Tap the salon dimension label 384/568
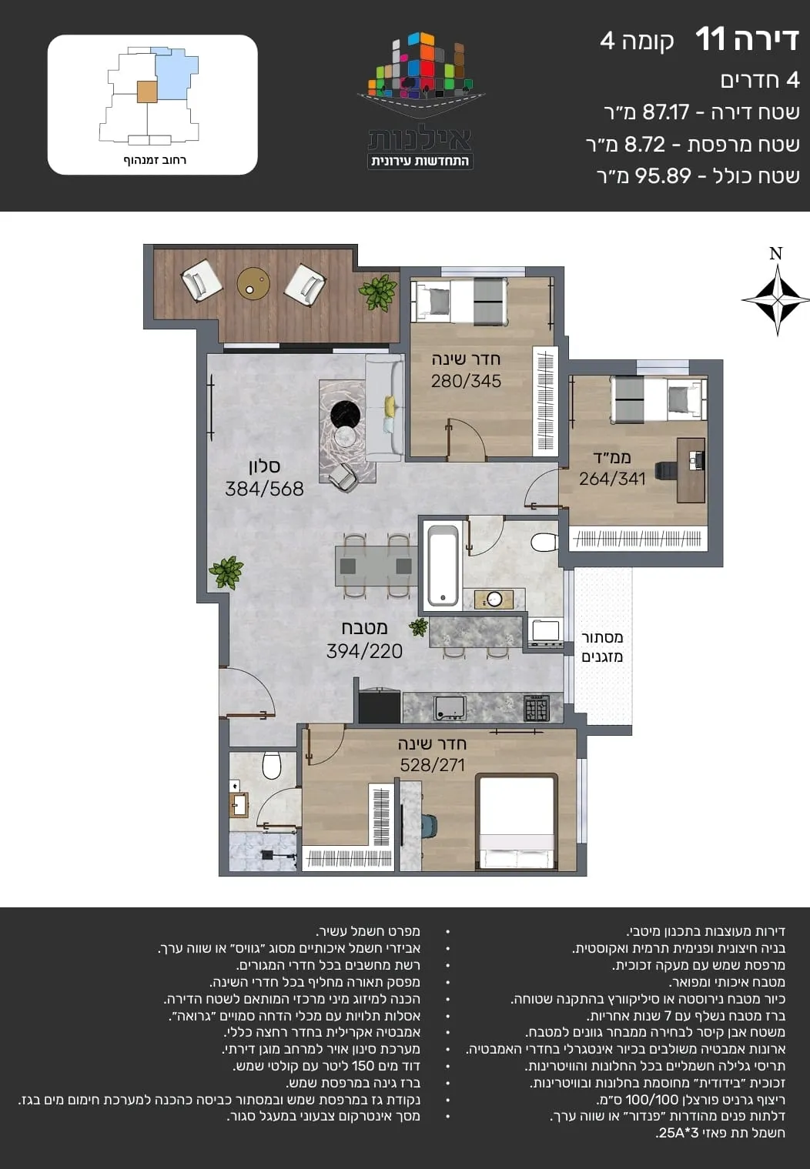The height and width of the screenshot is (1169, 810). [264, 489]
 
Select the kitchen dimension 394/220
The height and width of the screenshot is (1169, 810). [364, 651]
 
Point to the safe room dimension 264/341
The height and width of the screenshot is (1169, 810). [612, 479]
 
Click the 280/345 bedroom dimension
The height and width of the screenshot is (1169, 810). [466, 381]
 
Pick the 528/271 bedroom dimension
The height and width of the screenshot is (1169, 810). [433, 765]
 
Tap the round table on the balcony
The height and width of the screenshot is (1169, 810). [253, 284]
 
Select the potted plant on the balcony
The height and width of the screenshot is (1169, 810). [378, 292]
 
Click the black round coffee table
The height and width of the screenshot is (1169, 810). [346, 416]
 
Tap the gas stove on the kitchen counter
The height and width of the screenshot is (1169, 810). [537, 708]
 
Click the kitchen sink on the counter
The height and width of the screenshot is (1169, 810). [450, 708]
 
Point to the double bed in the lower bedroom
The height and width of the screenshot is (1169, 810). [517, 822]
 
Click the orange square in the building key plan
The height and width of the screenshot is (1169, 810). [147, 92]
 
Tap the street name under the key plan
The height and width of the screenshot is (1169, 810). [155, 160]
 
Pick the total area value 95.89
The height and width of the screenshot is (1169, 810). [663, 176]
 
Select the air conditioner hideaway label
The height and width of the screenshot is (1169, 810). [602, 647]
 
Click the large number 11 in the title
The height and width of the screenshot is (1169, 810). [710, 39]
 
